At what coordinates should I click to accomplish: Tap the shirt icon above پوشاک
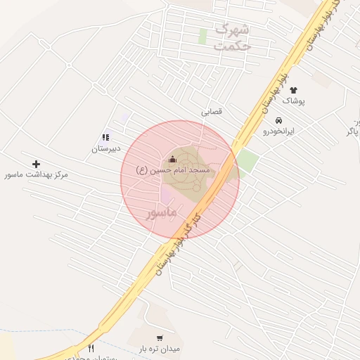(293, 90)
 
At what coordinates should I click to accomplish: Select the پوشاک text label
(293, 101)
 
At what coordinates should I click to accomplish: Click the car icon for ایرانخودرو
(278, 120)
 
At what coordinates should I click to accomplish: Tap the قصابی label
(212, 110)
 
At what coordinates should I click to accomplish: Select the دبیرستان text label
(106, 148)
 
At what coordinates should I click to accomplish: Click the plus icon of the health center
(37, 163)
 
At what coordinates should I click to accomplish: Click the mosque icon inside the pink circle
(173, 159)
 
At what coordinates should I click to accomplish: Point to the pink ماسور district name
(162, 211)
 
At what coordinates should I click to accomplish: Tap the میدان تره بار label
(160, 349)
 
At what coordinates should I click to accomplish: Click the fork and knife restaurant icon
(91, 348)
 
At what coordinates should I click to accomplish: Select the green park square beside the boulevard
(246, 161)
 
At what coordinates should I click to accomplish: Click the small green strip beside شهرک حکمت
(202, 37)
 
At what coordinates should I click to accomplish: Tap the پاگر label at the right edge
(354, 131)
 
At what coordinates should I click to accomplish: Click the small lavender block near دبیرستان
(125, 118)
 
